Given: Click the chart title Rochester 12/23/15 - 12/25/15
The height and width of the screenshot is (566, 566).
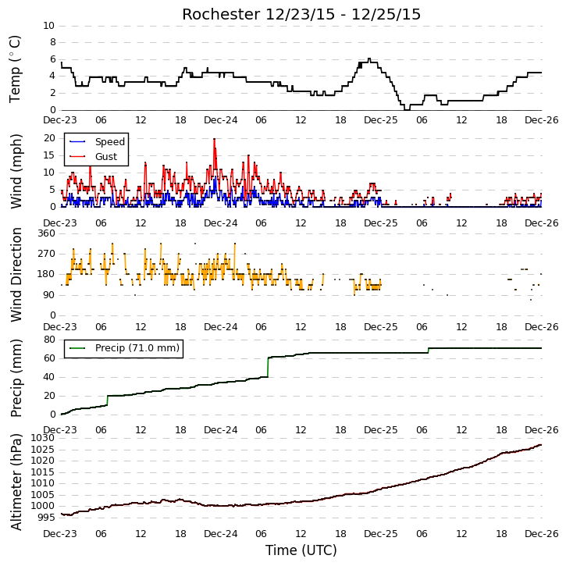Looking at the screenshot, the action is click(x=301, y=14).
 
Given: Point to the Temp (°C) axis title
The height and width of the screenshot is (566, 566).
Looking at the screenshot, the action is click(x=15, y=69).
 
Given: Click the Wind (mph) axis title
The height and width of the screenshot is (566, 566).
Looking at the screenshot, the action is click(x=16, y=172).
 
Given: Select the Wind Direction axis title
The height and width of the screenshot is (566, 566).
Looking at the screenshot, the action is click(x=16, y=275).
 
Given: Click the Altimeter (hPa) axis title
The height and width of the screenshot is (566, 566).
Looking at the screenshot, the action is click(x=16, y=482).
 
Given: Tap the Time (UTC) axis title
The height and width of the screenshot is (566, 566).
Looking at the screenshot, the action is click(x=301, y=550).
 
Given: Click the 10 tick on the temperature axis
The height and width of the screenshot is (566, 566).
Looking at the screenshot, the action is click(x=48, y=26).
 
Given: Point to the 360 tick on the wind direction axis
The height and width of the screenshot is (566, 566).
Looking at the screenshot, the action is click(x=47, y=233).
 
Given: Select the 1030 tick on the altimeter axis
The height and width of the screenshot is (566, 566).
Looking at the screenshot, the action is click(x=43, y=438).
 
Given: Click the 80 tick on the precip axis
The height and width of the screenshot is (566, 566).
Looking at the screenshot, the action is click(x=49, y=340).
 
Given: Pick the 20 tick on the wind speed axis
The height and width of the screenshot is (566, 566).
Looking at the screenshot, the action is click(x=49, y=138).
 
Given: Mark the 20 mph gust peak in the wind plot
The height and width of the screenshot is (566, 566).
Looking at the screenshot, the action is click(x=215, y=139).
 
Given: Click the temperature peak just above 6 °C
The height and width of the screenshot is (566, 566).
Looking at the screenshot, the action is click(x=369, y=59).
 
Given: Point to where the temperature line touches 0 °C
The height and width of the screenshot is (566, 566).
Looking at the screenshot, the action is click(x=408, y=109).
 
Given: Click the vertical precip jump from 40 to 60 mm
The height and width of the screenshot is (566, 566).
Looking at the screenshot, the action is click(x=268, y=367).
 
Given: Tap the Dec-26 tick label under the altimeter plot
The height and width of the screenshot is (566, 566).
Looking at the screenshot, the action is click(x=542, y=534).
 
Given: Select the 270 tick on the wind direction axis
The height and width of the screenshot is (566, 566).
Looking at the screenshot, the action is click(x=47, y=254).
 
